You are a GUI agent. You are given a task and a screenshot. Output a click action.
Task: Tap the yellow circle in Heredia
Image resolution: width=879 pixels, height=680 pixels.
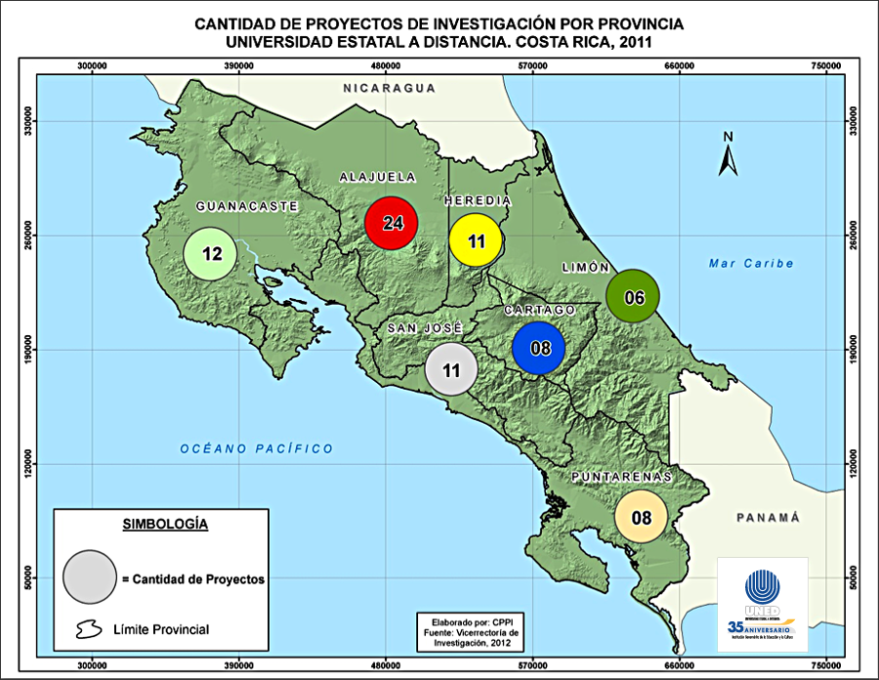click(x=476, y=239)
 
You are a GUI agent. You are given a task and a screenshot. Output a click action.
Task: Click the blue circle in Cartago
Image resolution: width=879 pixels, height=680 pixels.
click(x=539, y=347)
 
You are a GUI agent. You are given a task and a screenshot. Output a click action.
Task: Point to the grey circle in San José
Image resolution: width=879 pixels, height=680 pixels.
click(x=450, y=370)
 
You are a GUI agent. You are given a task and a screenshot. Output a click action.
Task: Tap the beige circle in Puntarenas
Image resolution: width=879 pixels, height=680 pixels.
click(x=641, y=517)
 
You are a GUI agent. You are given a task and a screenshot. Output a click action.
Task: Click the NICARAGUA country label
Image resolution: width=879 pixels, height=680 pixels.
click(x=388, y=88)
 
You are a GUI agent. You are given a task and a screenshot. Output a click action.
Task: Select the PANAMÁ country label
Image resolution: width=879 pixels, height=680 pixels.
click(x=769, y=517)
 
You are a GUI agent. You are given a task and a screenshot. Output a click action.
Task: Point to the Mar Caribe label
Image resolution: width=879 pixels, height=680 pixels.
click(x=751, y=263)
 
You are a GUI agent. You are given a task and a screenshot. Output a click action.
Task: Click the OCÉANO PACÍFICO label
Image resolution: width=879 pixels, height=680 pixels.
click(x=256, y=448)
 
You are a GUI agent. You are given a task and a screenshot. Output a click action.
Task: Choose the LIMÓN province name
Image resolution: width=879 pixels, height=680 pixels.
click(x=586, y=267)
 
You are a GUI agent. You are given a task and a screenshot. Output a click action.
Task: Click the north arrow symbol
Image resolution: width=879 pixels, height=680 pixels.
click(x=727, y=155)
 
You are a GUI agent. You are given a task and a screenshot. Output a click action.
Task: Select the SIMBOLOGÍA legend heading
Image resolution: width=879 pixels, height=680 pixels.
click(x=165, y=524)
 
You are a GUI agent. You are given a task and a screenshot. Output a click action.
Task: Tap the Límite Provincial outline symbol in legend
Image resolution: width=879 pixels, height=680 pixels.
click(x=88, y=628)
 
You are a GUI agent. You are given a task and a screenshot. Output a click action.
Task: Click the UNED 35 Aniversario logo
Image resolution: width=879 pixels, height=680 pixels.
click(x=762, y=604)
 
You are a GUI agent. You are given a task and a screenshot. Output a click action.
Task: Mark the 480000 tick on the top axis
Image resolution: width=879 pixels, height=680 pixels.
click(x=386, y=66)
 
